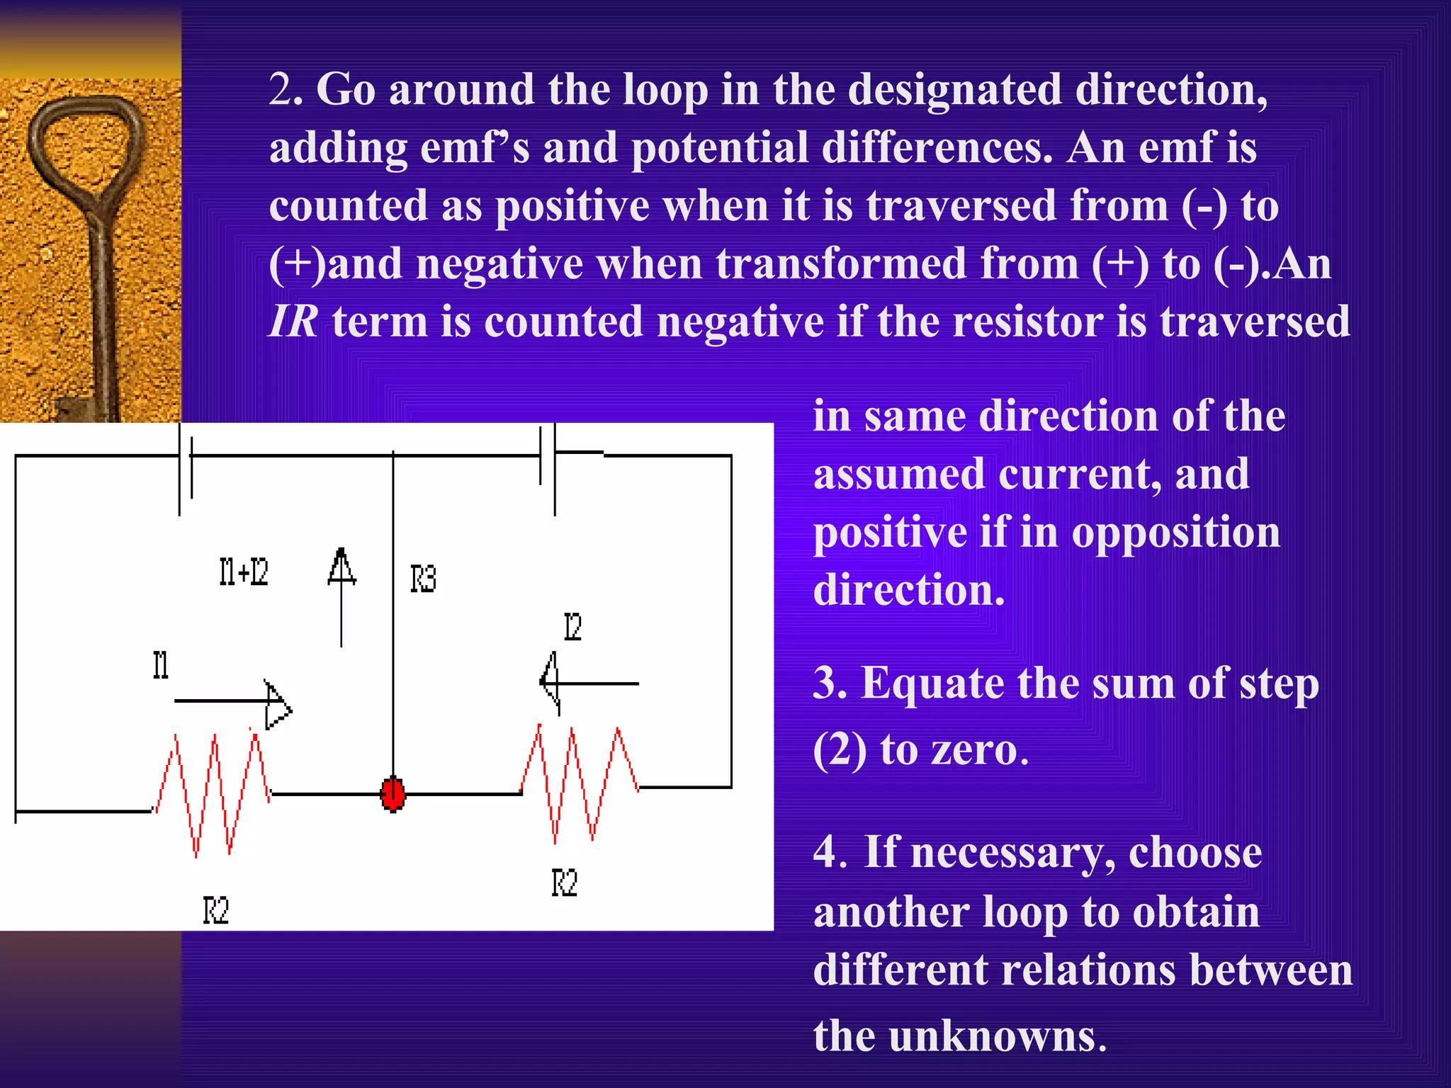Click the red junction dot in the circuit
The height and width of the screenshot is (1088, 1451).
click(x=393, y=794)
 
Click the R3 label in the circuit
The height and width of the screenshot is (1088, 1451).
click(x=423, y=578)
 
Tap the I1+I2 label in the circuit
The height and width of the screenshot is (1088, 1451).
click(x=244, y=572)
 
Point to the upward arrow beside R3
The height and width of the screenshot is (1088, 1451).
click(x=341, y=595)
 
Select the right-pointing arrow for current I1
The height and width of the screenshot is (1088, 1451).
click(x=234, y=702)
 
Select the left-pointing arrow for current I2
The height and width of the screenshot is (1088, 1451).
click(x=588, y=683)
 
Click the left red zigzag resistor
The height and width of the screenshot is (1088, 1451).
click(x=212, y=793)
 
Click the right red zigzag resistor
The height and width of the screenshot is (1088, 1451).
click(x=580, y=783)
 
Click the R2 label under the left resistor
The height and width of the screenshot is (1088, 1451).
click(x=216, y=910)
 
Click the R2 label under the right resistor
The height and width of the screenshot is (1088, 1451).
click(x=565, y=883)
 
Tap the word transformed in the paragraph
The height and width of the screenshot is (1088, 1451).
click(x=841, y=263)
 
